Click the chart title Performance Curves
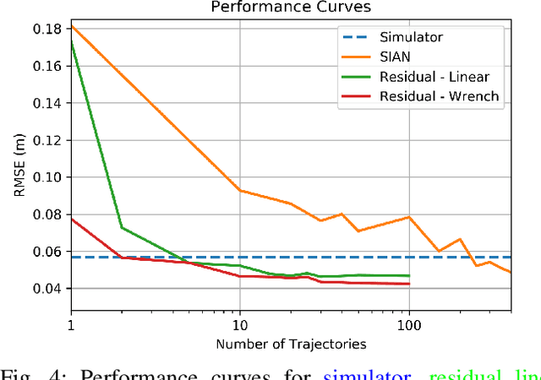pyautogui.click(x=290, y=8)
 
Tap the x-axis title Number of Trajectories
pyautogui.click(x=290, y=344)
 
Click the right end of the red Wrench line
pyautogui.click(x=409, y=284)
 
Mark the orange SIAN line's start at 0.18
pyautogui.click(x=71, y=26)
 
